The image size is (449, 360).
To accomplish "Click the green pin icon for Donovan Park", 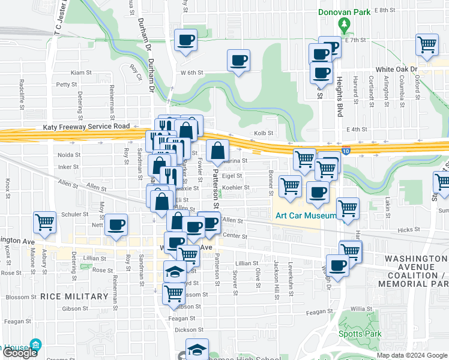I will [x=344, y=25].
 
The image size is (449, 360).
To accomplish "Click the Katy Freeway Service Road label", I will [x=86, y=127].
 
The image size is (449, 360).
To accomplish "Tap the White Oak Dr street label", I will [x=397, y=70].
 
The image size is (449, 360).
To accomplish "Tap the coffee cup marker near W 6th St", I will [x=238, y=60].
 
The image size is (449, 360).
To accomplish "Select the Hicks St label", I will [x=408, y=230].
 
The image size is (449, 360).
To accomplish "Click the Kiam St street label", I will [x=81, y=72].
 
